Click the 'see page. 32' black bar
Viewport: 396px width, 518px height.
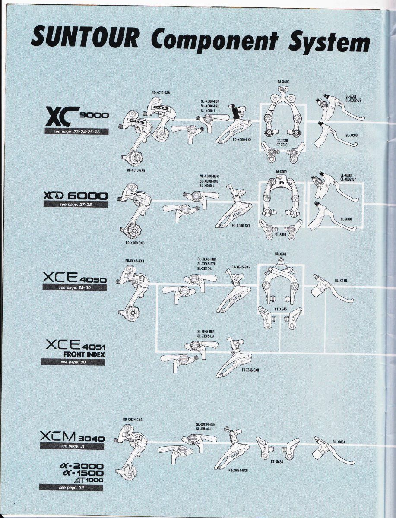(x=71, y=487)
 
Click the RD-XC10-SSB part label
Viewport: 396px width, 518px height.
(x=161, y=93)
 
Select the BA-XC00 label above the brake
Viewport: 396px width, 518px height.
(x=283, y=82)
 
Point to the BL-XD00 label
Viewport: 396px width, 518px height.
(x=346, y=219)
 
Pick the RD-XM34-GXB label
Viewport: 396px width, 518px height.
(x=133, y=420)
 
